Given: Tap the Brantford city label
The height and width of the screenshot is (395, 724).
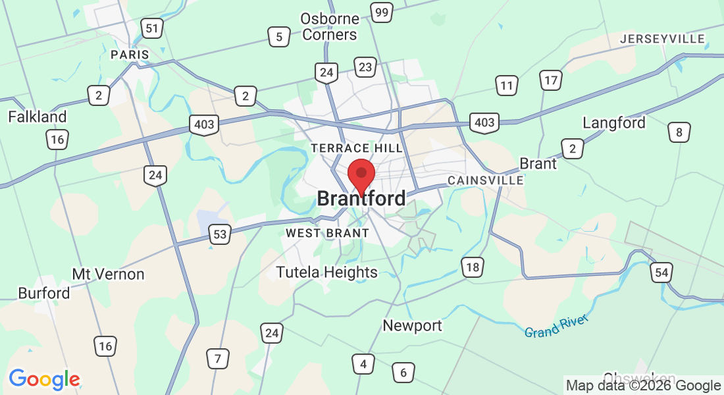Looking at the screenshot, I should pos(361,198).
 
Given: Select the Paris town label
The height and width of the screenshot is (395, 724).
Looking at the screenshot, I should pos(130,54).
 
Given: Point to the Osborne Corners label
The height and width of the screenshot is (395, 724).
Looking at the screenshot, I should pos(329,26).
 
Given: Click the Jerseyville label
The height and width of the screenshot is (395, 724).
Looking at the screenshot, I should pos(663,39).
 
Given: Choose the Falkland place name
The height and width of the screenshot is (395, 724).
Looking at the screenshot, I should pos(38,117).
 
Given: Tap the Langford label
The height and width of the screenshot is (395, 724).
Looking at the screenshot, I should pos(614,123).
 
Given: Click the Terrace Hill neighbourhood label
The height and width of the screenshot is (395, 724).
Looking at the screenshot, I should pos(357,148).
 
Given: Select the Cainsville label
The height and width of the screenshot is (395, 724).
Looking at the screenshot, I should pos(486,180).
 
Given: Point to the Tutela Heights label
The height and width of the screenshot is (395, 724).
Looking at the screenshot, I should pos(327,272).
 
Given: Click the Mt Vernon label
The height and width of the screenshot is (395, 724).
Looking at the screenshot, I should pos(108,274).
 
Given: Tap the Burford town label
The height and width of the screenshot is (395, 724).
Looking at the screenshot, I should pos(44,293).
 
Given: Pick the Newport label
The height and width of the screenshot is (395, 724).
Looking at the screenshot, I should pos(413,325).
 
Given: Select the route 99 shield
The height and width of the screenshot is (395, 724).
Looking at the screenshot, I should pos(382,12).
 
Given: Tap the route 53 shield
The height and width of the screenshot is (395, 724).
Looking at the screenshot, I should pos(220,234).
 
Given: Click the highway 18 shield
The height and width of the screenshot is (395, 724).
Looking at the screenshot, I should pos(473,267).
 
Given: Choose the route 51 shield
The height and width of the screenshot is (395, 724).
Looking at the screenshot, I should pos(152,28).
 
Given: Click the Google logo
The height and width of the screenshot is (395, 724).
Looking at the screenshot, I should pos(44,379).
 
